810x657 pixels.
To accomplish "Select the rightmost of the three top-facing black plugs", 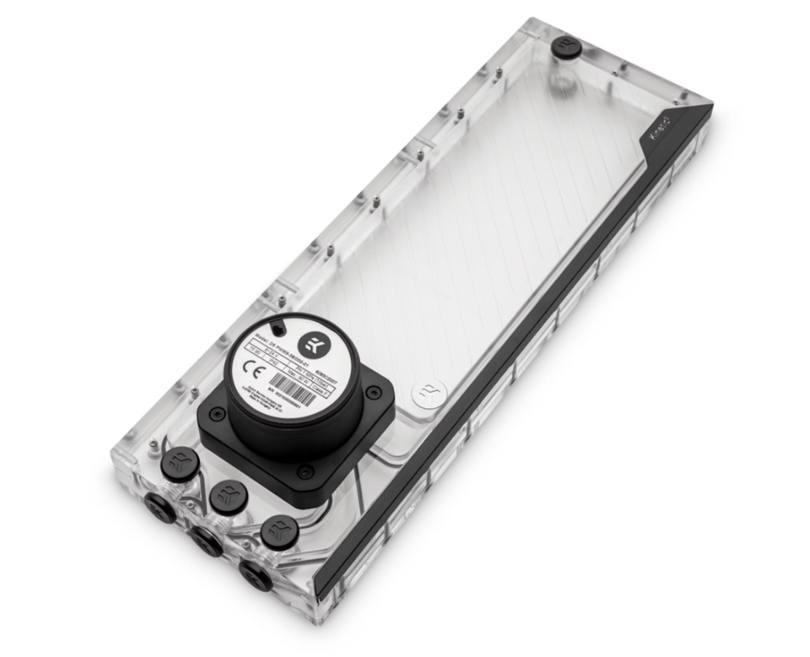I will (x=280, y=531).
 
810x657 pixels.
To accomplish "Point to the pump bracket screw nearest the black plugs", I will (x=305, y=471).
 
